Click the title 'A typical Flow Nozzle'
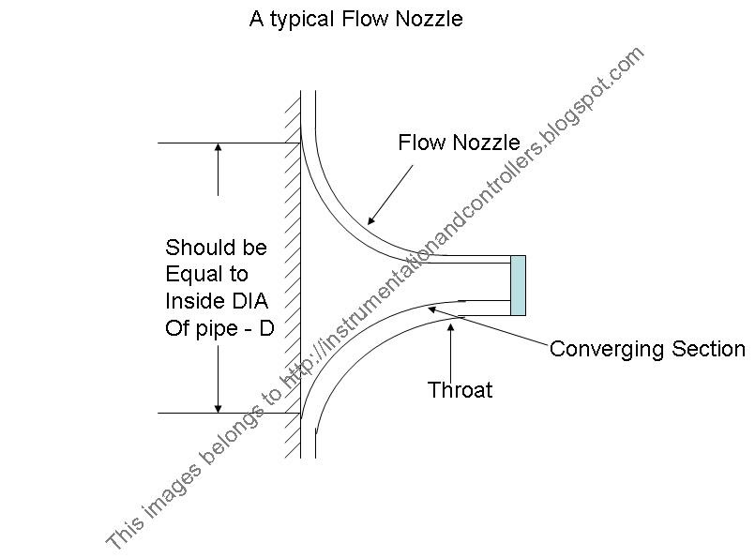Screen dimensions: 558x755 point(355,19)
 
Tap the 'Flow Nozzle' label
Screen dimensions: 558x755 point(459,143)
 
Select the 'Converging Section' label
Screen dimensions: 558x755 point(646,349)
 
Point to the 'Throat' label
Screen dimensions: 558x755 point(460,390)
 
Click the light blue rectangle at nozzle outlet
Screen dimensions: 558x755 point(518,285)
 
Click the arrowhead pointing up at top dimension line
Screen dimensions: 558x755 point(218,149)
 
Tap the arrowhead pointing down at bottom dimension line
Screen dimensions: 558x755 point(218,406)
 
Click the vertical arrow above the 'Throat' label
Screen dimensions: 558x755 point(451,347)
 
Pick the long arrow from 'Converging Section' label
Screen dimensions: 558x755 point(488,327)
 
